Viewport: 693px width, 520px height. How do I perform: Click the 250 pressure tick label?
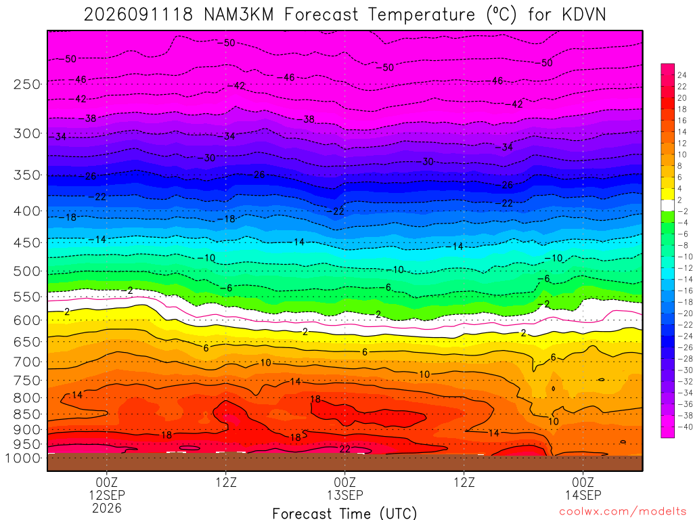point(27,84)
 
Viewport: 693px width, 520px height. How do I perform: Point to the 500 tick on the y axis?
point(27,271)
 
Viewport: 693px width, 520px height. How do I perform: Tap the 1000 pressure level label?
point(22,458)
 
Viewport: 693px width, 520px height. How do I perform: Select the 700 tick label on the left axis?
point(27,362)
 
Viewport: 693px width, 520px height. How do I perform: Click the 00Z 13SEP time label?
point(344,489)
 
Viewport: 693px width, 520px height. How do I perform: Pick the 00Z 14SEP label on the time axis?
point(583,489)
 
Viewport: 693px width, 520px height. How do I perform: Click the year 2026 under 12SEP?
point(107,508)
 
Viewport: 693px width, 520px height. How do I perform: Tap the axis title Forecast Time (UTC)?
point(344,513)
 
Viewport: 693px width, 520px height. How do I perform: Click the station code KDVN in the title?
point(584,15)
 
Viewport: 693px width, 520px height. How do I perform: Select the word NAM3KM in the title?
point(239,15)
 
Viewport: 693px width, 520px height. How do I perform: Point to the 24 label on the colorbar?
point(682,75)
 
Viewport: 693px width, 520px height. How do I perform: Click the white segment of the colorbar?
point(667,205)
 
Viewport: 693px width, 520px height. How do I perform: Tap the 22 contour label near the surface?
point(344,449)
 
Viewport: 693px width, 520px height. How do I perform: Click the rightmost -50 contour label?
point(547,63)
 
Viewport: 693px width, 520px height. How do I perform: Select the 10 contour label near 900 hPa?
point(554,421)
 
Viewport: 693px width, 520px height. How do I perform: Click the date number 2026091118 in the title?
point(138,15)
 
